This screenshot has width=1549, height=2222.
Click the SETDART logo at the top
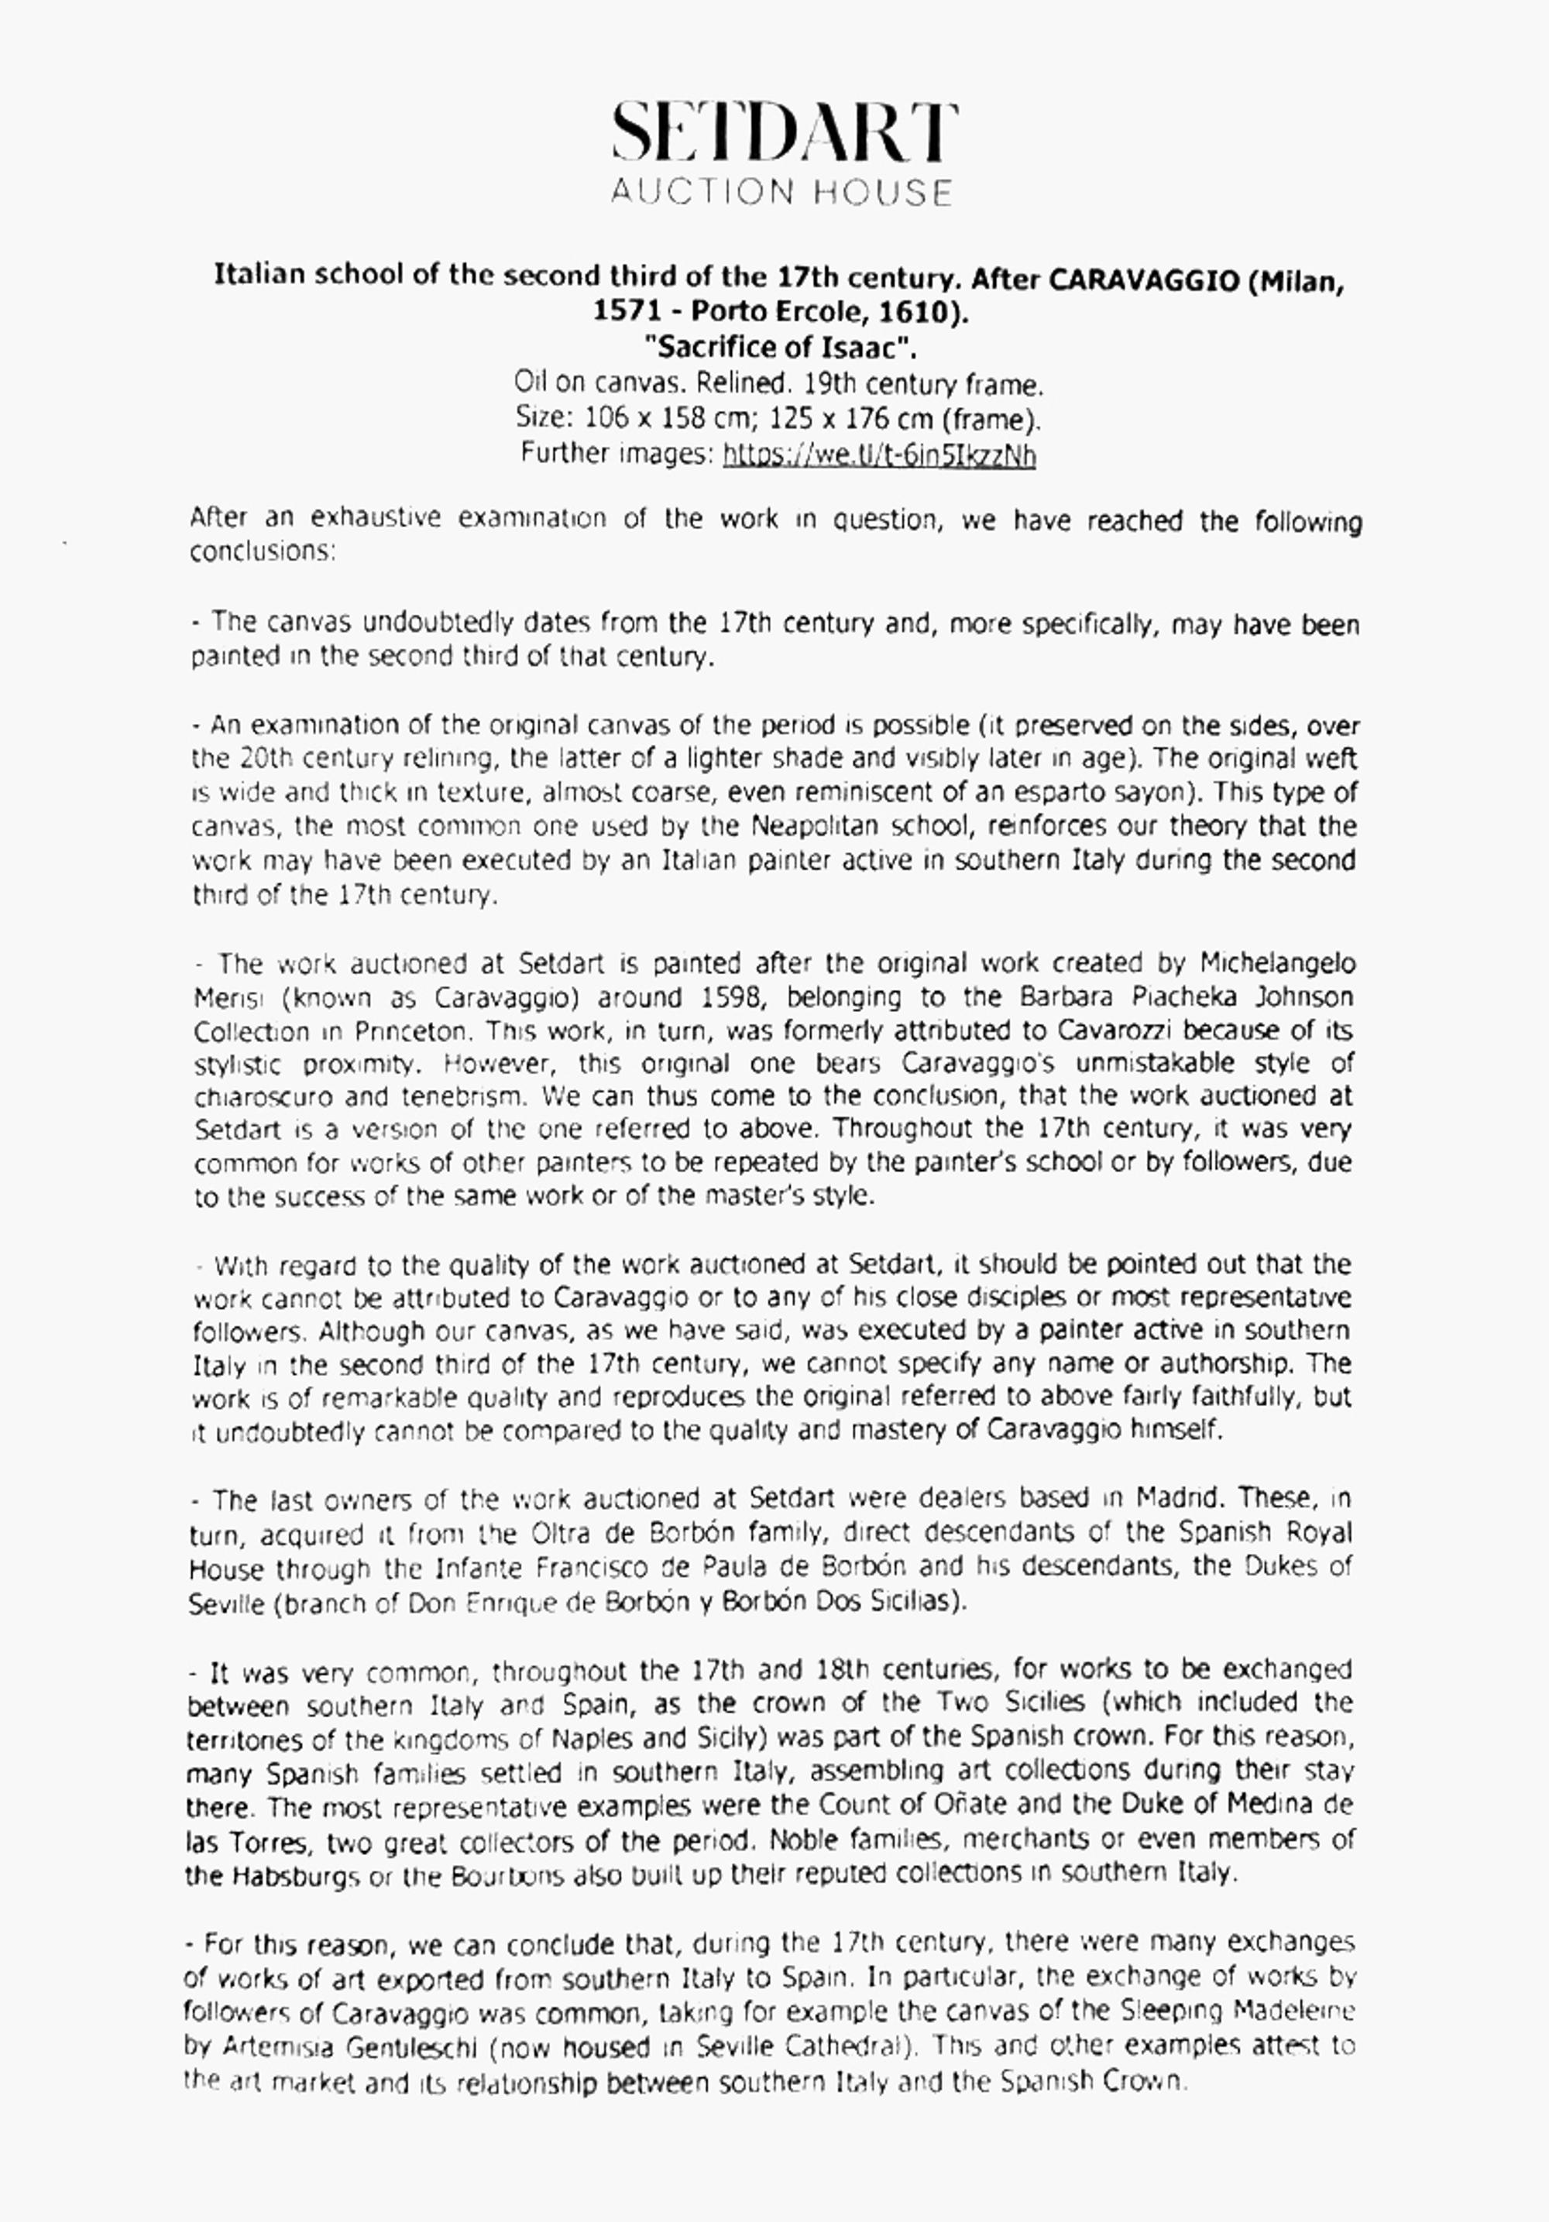click(x=783, y=133)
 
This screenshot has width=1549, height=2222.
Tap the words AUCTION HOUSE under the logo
click(x=781, y=192)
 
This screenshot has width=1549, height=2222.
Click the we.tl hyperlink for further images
click(x=879, y=454)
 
